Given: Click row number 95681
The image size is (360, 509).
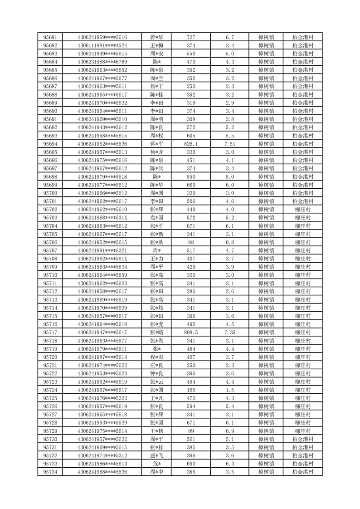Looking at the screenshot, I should [x=50, y=37].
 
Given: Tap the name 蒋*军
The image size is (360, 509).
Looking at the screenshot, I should [x=157, y=144].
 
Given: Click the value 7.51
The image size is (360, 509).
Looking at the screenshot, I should [x=229, y=144].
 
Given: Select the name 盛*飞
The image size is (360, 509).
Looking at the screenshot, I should [x=157, y=455].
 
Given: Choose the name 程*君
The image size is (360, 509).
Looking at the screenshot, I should [x=157, y=357].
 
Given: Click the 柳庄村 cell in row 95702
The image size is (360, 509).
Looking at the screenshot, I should [x=302, y=210].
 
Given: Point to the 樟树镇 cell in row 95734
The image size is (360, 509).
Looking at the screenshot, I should [x=266, y=472].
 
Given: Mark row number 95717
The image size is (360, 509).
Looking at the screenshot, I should [x=50, y=333].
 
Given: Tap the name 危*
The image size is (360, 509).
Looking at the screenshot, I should [x=157, y=464].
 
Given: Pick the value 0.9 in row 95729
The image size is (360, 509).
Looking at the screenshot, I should [x=229, y=431].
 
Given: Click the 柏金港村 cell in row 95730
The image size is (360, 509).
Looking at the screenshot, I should [x=302, y=439].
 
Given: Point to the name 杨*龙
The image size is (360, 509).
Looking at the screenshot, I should [x=157, y=152].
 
